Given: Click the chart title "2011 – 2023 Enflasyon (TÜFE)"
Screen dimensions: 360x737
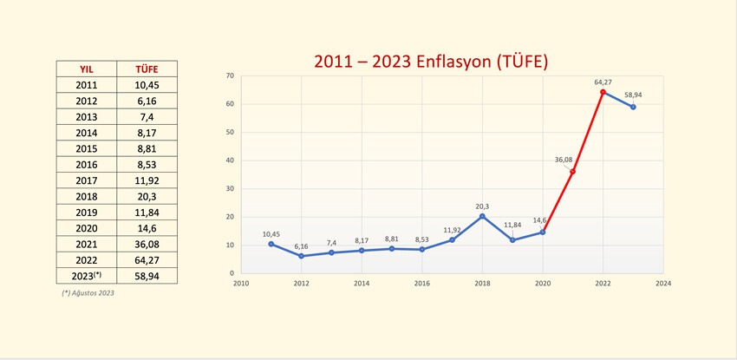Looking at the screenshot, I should click(x=431, y=62).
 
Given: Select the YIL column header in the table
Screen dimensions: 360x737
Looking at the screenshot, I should click(x=86, y=69).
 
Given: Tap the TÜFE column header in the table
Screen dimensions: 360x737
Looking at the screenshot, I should click(x=147, y=69).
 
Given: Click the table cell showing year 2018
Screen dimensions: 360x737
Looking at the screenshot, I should click(x=86, y=196).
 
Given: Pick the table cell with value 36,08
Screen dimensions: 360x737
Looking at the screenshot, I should click(x=147, y=244).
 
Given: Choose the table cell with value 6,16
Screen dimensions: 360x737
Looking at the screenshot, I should click(x=147, y=101).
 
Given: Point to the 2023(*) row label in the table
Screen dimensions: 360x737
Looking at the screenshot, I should click(x=86, y=276).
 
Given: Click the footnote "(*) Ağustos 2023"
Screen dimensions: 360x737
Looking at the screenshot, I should click(x=88, y=293).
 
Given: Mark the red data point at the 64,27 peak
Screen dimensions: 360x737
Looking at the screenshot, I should click(x=603, y=92).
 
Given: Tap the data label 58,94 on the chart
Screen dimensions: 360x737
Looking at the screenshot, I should click(x=633, y=95).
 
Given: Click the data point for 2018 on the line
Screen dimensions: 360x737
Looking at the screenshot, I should click(x=482, y=216).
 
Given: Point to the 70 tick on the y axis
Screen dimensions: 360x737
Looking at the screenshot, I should click(x=231, y=76).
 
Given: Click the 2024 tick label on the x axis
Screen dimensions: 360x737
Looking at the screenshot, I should click(x=663, y=283).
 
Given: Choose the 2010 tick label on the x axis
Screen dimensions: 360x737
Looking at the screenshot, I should click(x=240, y=283).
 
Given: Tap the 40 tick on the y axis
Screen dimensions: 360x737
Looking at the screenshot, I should click(x=231, y=160).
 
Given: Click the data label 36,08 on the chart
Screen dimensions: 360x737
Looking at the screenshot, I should click(x=564, y=160).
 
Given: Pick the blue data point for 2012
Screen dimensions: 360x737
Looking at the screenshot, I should click(x=301, y=256).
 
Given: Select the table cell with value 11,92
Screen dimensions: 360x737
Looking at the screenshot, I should click(x=147, y=180).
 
